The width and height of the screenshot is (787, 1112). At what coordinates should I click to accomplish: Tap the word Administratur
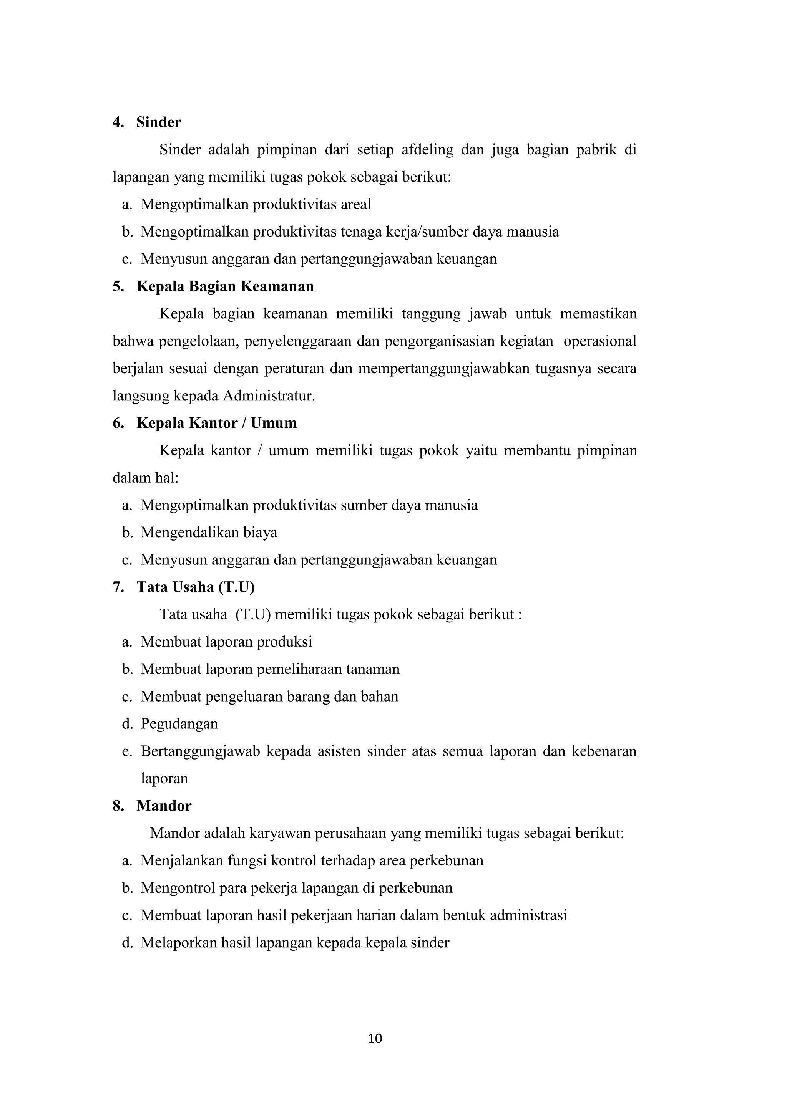tap(269, 396)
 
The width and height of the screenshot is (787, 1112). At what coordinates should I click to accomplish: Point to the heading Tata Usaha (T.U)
tap(195, 587)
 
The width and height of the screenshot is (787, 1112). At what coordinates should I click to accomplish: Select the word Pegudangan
tap(179, 724)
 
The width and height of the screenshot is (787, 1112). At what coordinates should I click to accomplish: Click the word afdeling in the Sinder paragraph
tap(427, 150)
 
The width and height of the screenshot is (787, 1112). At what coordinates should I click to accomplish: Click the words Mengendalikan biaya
tap(209, 533)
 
